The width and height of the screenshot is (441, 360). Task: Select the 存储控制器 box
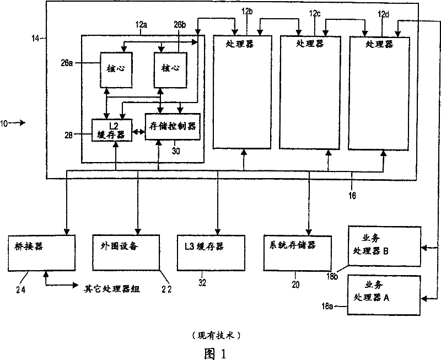pos(172,127)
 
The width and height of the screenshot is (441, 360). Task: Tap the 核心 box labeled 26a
pos(116,69)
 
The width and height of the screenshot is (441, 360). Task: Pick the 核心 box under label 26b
pos(170,70)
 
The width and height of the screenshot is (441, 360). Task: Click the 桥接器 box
pos(42,251)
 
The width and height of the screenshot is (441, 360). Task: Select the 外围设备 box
pos(126,251)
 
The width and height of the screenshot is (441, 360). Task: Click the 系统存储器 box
pos(298,251)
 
